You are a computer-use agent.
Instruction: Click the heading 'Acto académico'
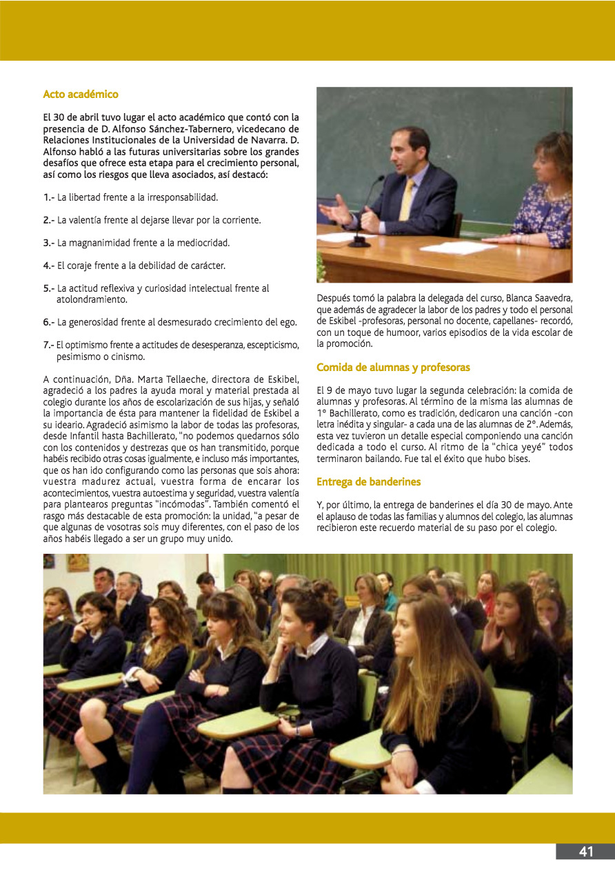[81, 94]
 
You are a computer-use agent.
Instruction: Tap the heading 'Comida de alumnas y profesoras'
[393, 368]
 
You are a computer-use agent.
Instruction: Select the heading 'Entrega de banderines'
[368, 481]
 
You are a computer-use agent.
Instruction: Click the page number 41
[585, 852]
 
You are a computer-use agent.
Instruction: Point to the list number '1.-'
[49, 197]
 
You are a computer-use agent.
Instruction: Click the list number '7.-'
[49, 345]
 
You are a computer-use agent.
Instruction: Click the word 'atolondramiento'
[92, 299]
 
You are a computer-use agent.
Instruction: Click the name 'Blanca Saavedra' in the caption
[538, 299]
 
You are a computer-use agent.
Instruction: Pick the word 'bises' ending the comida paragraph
[517, 459]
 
